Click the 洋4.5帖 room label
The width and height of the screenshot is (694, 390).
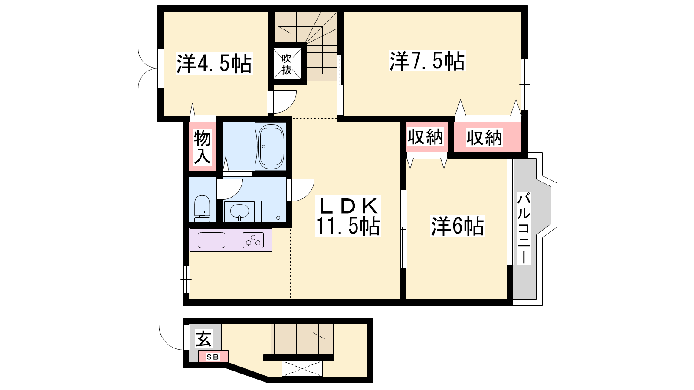214,63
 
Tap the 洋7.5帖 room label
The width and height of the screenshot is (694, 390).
427,61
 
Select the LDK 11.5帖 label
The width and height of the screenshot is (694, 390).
348,216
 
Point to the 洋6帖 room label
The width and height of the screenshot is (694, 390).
458,226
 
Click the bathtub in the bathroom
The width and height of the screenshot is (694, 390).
271,146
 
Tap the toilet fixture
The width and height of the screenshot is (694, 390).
202,208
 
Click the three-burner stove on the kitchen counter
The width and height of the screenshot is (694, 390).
253,240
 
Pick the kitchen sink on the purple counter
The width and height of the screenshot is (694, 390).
211,240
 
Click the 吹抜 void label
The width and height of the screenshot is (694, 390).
287,64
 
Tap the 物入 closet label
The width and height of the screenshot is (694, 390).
202,147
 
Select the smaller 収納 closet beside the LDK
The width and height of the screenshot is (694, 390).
425,137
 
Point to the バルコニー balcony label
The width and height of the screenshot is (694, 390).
524,228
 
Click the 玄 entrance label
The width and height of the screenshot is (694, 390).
203,338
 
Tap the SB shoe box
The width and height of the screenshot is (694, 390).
213,356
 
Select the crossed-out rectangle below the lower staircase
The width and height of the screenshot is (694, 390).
302,369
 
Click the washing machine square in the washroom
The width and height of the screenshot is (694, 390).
272,212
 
